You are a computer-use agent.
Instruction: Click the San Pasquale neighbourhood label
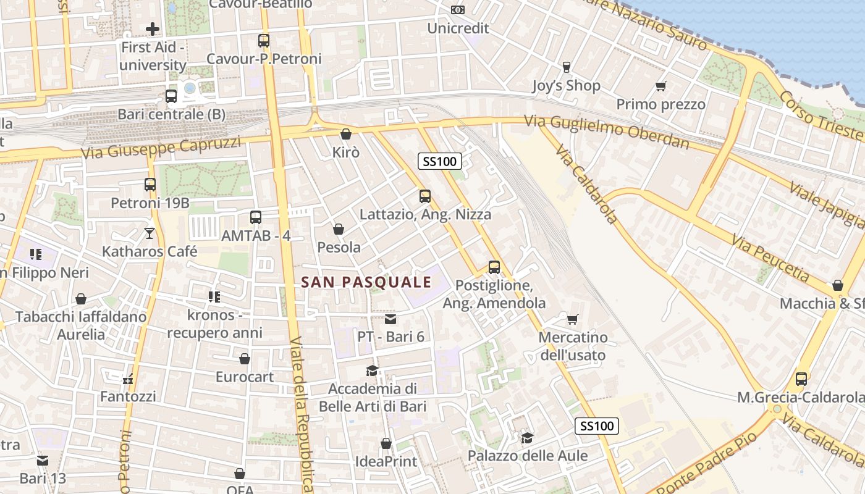point(366,282)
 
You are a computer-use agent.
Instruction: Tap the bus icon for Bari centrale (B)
point(171,96)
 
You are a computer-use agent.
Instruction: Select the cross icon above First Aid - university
point(153,28)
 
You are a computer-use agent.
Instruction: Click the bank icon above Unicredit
point(457,10)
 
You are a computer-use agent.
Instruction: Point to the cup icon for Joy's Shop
point(566,67)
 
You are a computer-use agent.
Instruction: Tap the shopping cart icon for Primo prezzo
point(660,86)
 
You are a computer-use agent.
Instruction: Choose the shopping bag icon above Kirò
point(346,134)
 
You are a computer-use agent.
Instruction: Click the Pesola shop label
point(339,248)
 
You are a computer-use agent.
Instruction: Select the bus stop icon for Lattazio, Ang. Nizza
point(425,196)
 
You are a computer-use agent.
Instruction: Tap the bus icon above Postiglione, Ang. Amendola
point(494,267)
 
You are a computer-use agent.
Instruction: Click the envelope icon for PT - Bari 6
point(390,319)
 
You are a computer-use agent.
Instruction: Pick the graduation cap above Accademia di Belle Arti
point(372,371)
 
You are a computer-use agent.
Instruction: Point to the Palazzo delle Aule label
point(528,456)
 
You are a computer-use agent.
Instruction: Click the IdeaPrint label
point(386,461)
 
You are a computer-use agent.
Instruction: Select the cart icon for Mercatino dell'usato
point(573,320)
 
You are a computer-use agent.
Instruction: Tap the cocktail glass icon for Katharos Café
point(150,233)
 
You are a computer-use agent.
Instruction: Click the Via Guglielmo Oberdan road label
point(607,132)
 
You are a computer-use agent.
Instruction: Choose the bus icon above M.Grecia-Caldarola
point(801,379)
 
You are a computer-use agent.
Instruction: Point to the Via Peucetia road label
point(770,258)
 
